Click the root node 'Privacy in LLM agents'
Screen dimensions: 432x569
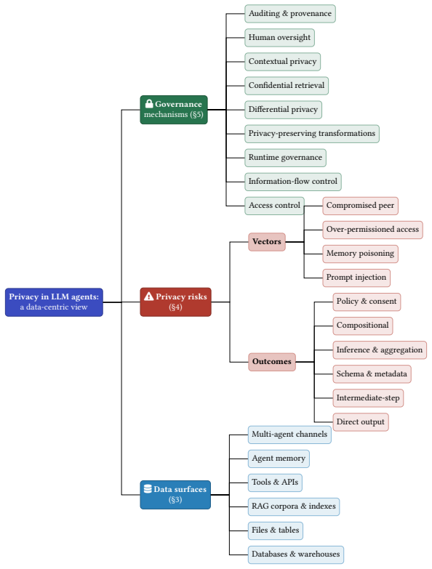[x=54, y=302]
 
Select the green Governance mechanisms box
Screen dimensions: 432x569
[x=174, y=110]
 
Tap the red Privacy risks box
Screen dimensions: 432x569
[x=176, y=302]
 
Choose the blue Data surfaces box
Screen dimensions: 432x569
[x=175, y=495]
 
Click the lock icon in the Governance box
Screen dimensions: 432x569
[x=149, y=104]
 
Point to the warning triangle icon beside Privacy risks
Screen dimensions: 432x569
[x=149, y=296]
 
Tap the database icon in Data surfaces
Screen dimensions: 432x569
[x=148, y=489]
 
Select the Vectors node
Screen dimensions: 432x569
[x=267, y=242]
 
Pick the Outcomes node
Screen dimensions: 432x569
[x=272, y=362]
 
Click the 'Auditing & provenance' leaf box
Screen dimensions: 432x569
[x=290, y=14]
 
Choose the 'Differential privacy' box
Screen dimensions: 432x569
[x=283, y=110]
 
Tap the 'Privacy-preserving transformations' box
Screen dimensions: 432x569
[x=312, y=134]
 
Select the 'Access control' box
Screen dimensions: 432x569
[x=274, y=206]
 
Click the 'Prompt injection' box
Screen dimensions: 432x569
[x=356, y=278]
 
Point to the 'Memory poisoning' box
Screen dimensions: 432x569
[x=360, y=254]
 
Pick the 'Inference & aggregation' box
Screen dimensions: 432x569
[x=380, y=350]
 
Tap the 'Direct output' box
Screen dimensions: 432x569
[x=361, y=422]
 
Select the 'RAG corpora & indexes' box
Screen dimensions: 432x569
[x=294, y=507]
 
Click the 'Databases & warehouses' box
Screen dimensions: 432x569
[x=296, y=554]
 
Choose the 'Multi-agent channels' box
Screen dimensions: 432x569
[x=289, y=435]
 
